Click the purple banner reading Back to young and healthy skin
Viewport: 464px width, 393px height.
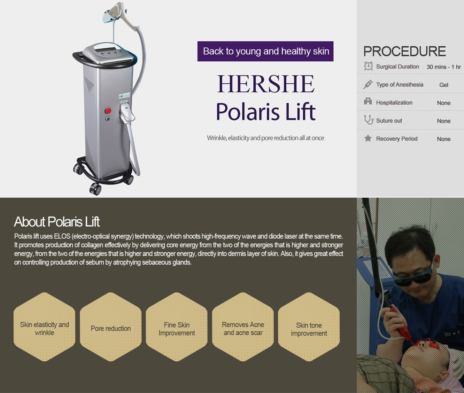265,51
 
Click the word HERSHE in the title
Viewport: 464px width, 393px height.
266,84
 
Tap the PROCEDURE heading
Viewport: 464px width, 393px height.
404,51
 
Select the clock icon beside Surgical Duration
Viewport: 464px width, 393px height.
368,66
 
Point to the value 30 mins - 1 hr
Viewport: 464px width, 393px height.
443,67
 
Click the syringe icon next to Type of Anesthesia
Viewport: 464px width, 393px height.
368,84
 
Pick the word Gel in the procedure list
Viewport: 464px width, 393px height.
443,85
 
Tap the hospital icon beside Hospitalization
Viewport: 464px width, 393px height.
368,101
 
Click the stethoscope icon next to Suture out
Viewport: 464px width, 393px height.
368,120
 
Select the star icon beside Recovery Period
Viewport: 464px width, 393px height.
368,138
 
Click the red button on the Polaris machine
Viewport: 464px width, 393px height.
108,111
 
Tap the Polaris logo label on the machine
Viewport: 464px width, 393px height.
124,95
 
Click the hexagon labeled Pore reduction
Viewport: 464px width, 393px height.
111,327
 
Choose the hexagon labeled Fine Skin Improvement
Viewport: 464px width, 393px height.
177,327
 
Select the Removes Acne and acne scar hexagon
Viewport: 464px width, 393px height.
243,327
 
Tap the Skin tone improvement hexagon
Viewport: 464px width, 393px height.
309,327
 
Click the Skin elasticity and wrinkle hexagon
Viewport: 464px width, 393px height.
45,327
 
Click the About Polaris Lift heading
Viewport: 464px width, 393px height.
57,222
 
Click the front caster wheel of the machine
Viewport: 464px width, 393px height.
95,189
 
